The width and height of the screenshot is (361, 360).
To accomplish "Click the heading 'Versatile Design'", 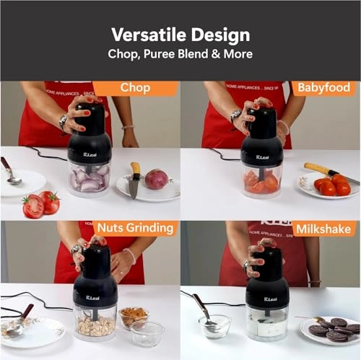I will [x=180, y=35].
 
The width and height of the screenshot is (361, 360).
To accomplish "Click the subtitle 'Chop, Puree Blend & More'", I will [x=180, y=54].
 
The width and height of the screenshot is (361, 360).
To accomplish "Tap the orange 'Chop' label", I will [x=134, y=88].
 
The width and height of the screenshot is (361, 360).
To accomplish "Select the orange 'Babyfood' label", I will [x=323, y=88].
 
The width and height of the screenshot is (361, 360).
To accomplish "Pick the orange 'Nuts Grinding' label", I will [x=134, y=229].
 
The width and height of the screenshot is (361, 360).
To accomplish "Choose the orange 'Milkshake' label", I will [x=324, y=229].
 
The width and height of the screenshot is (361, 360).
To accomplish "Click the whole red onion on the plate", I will [x=156, y=179].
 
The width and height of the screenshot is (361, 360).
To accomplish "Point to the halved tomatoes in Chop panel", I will [x=40, y=203].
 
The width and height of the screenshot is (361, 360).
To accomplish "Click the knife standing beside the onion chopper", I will [x=134, y=180].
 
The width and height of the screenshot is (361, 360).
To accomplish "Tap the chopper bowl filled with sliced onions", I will [x=90, y=177].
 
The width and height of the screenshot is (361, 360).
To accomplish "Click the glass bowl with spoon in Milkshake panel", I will [x=214, y=326].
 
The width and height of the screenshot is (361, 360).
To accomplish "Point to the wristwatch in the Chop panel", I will [x=63, y=120].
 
